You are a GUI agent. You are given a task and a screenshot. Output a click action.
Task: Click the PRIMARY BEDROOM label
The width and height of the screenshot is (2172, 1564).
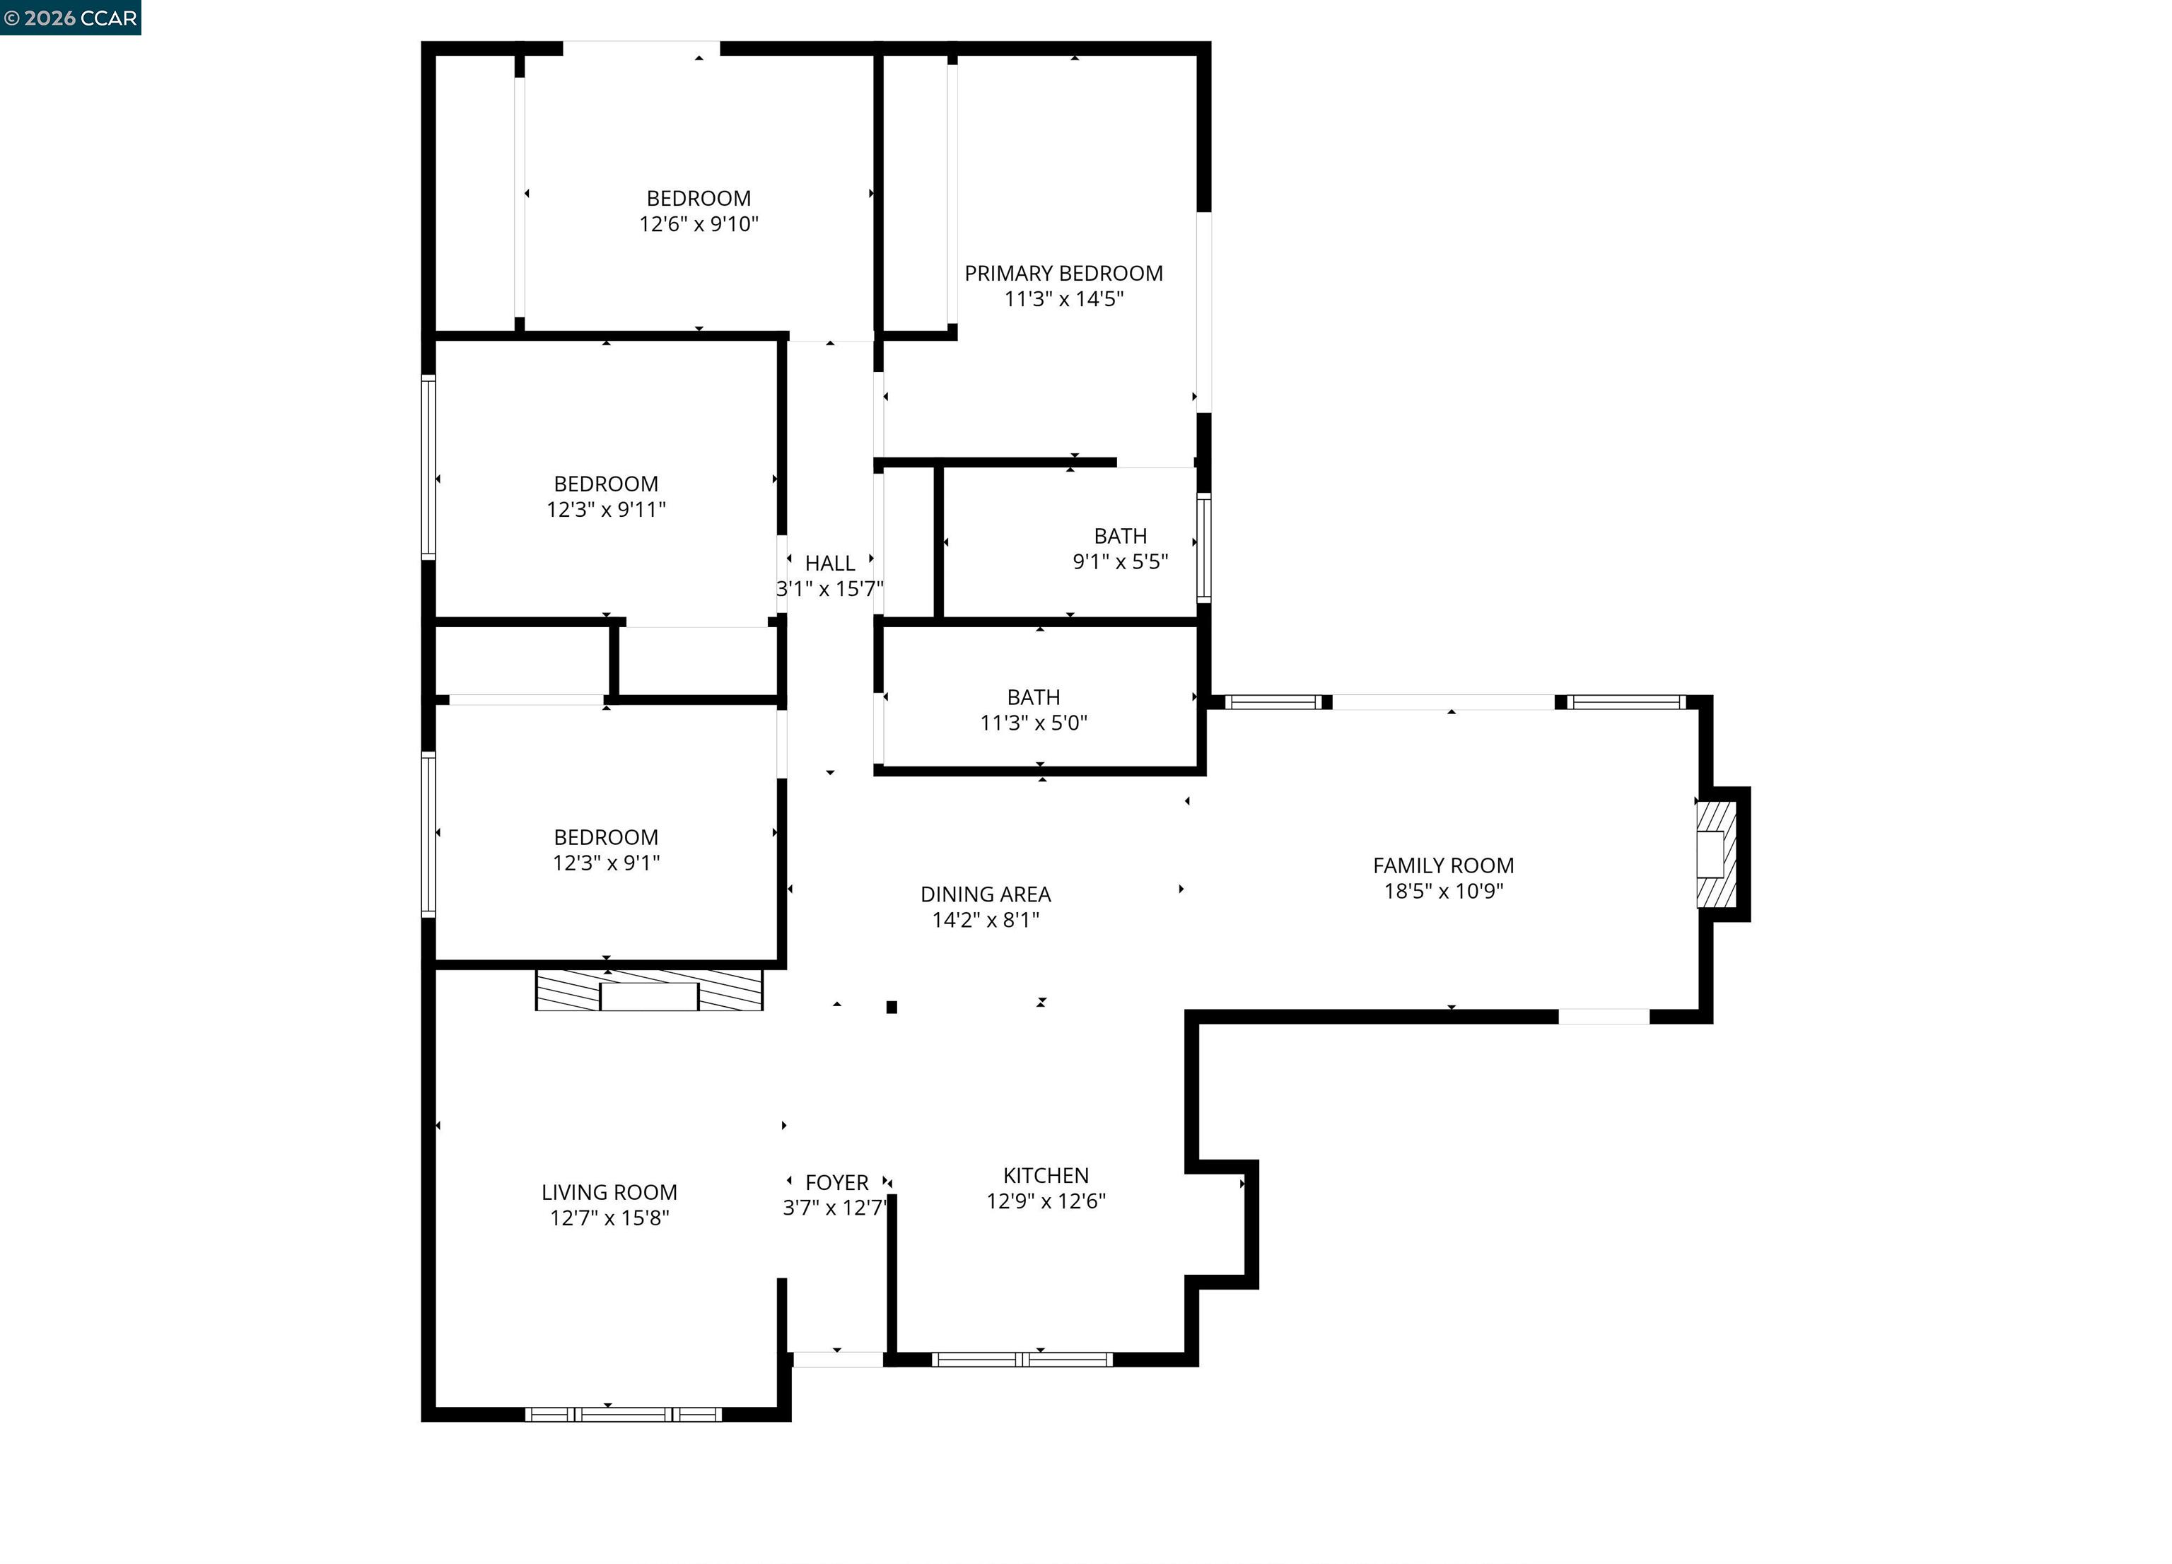1063,274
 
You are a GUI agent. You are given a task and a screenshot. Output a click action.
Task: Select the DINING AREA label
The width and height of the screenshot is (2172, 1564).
986,894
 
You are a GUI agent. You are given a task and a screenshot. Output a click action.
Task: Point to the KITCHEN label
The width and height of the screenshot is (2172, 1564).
1046,1175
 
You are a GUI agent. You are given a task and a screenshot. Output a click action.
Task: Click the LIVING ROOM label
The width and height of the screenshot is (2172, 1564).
609,1192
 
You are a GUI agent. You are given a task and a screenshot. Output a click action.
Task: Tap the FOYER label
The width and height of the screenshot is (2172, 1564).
837,1183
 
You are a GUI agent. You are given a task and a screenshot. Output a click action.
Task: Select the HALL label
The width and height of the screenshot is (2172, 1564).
829,563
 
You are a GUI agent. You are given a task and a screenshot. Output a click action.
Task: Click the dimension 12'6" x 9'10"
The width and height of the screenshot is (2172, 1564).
699,224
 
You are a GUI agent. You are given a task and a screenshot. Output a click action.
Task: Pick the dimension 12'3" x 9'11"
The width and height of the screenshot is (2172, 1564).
606,510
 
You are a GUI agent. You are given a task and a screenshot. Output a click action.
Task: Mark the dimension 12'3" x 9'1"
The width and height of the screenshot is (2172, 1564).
606,863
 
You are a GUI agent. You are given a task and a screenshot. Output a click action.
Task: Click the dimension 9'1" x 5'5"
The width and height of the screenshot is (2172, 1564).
1121,562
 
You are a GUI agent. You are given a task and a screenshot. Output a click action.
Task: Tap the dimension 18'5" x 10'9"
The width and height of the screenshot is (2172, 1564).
1443,892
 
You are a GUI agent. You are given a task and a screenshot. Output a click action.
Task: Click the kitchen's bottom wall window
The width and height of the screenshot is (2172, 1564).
1022,1359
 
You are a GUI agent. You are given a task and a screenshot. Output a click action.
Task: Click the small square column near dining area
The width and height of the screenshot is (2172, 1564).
892,1007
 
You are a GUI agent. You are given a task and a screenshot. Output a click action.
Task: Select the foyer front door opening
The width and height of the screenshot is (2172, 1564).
837,1359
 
